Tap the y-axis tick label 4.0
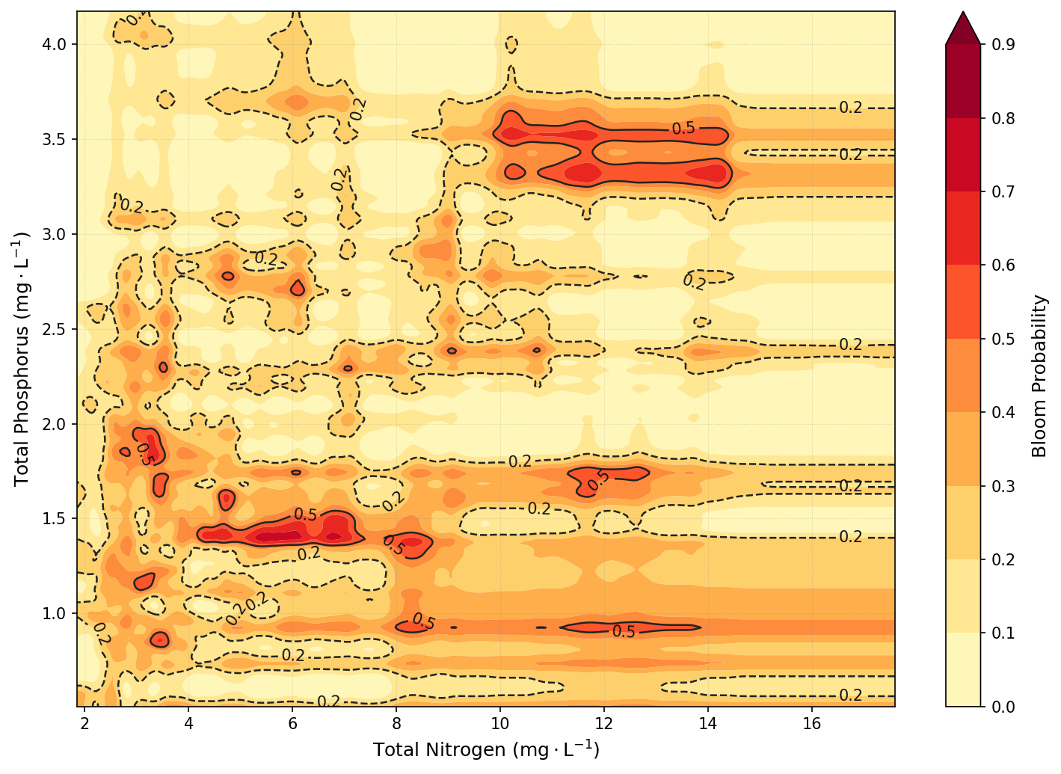coord(55,45)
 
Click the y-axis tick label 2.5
coord(55,329)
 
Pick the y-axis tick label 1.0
coord(55,613)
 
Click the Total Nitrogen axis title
coord(486,749)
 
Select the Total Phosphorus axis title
coord(22,359)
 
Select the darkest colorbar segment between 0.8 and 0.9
coord(963,81)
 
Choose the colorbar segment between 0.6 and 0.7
coord(963,228)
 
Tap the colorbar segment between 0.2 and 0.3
coord(963,523)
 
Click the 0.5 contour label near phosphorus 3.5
coord(683,129)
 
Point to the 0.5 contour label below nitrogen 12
coord(624,632)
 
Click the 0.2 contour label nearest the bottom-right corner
coord(851,695)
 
